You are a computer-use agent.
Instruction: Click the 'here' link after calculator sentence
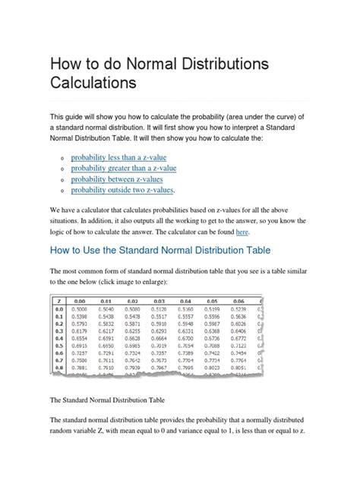point(242,231)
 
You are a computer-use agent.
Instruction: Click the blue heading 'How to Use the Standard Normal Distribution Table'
point(159,249)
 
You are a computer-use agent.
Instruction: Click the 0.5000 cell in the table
point(77,310)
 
